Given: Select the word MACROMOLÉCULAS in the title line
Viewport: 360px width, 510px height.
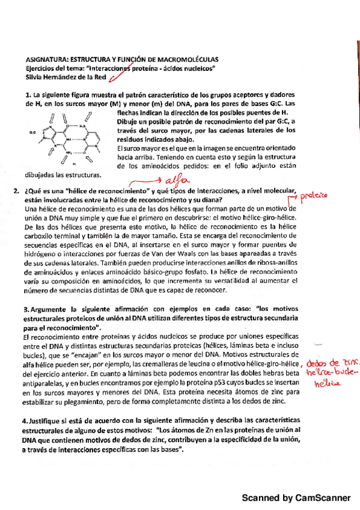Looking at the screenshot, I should pos(186,60).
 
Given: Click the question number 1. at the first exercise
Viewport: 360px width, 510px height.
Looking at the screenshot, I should pos(28,95).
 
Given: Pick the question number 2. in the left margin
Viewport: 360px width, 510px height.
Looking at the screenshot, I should pos(16,191).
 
